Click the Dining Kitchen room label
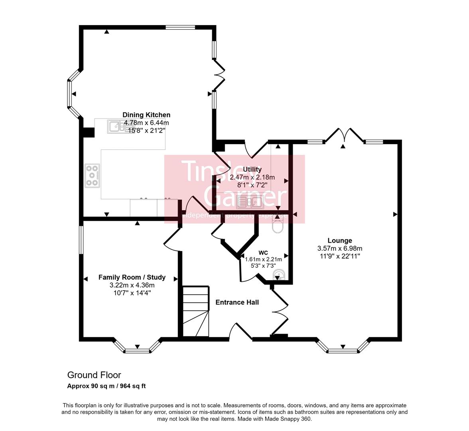pos(146,115)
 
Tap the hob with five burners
pos(92,176)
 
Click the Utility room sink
pos(249,202)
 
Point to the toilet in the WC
pos(277,226)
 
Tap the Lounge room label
pos(339,241)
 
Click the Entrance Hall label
pos(237,302)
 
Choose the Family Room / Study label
pos(132,277)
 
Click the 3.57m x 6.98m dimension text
pos(339,249)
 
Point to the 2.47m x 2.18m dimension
pos(252,177)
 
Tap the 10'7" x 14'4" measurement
pos(132,293)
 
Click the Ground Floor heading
pos(94,375)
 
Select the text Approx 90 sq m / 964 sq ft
pos(106,386)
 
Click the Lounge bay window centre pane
pos(342,351)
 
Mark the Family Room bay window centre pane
pos(137,351)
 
